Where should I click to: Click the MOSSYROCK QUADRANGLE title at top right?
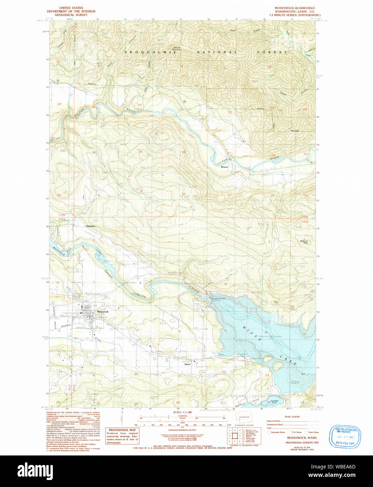coord(295,8)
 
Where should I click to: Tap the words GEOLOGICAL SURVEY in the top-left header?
coord(71,15)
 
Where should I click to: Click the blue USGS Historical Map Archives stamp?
coord(345,437)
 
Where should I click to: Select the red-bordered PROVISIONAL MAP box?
coord(122,436)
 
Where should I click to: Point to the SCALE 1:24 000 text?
coord(182,412)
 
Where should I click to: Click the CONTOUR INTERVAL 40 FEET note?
coord(182,430)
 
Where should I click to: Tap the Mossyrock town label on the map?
coord(103,311)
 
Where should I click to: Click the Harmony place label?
coord(90,226)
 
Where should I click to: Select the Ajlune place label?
coord(188,364)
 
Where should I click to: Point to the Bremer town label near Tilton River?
coord(225,167)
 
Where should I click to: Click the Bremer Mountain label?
coord(177,48)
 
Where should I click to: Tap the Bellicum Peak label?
coord(304,242)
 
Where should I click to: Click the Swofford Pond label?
coord(274,402)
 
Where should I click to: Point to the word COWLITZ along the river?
coord(139,295)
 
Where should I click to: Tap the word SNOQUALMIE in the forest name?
coord(150,52)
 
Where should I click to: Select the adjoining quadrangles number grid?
coord(234,436)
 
